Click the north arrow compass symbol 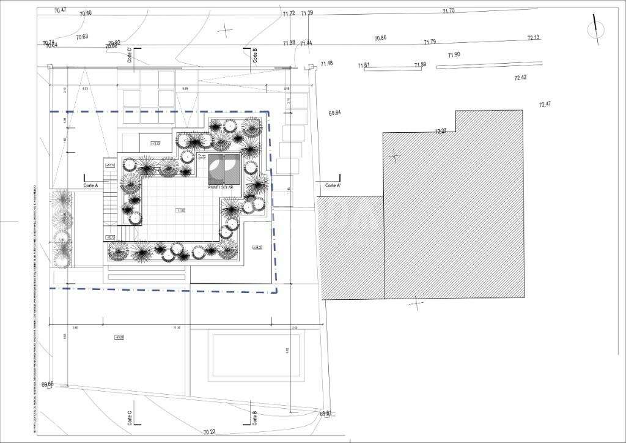point(592,28)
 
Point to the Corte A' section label point(333,185)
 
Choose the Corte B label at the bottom point(254,418)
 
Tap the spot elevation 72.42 point(520,78)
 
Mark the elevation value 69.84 point(334,113)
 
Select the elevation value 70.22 point(210,432)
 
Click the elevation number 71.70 point(448,10)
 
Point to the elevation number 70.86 point(380,38)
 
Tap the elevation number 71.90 point(454,54)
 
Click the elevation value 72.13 point(533,38)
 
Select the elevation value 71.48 point(326,63)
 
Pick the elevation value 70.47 point(60,10)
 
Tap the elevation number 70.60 point(85,13)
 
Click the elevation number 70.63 point(82,37)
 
